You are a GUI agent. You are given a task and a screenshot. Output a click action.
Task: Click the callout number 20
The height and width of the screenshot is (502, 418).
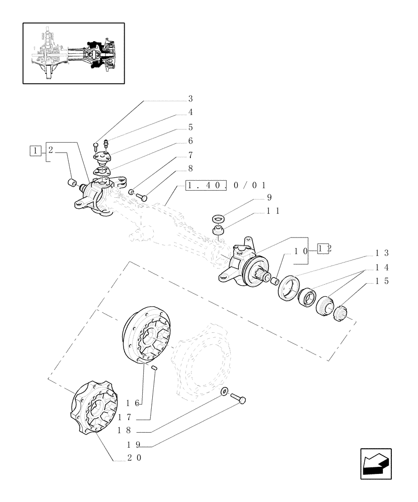click(x=134, y=457)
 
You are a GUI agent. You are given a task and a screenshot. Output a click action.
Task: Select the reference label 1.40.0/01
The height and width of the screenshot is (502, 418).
click(x=226, y=185)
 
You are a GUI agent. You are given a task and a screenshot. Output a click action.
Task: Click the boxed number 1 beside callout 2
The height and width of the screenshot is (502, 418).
click(x=35, y=149)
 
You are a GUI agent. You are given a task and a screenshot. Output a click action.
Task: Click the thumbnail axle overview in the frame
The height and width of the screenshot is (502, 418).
click(x=74, y=53)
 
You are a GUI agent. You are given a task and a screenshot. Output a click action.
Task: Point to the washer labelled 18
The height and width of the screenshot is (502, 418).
click(x=224, y=391)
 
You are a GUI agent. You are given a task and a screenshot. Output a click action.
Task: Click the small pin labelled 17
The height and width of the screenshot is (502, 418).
click(x=155, y=368)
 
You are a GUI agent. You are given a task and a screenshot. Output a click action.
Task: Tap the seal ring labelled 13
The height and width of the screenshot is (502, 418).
click(x=287, y=292)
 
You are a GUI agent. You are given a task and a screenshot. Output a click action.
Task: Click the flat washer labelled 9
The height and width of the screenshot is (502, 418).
click(x=219, y=219)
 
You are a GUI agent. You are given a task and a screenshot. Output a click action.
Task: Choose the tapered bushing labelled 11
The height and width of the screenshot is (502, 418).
click(x=219, y=231)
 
